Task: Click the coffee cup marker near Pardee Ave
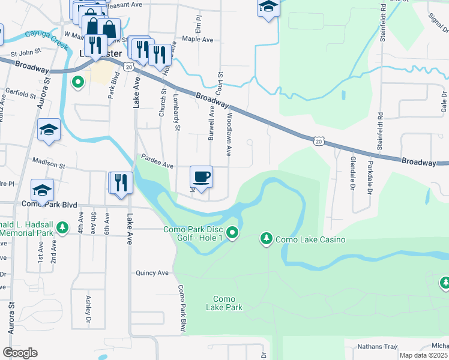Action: pos(201,177)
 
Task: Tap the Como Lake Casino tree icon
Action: pos(266,239)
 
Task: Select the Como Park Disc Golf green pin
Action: pos(233,232)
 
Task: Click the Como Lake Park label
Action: pos(224,303)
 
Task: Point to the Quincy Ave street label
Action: pos(152,272)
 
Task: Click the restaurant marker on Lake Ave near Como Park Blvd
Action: pos(121,183)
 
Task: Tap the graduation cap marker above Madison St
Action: pos(49,130)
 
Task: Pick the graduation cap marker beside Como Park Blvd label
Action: pos(42,190)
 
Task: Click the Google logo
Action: pos(20,352)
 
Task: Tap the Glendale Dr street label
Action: pos(352,170)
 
